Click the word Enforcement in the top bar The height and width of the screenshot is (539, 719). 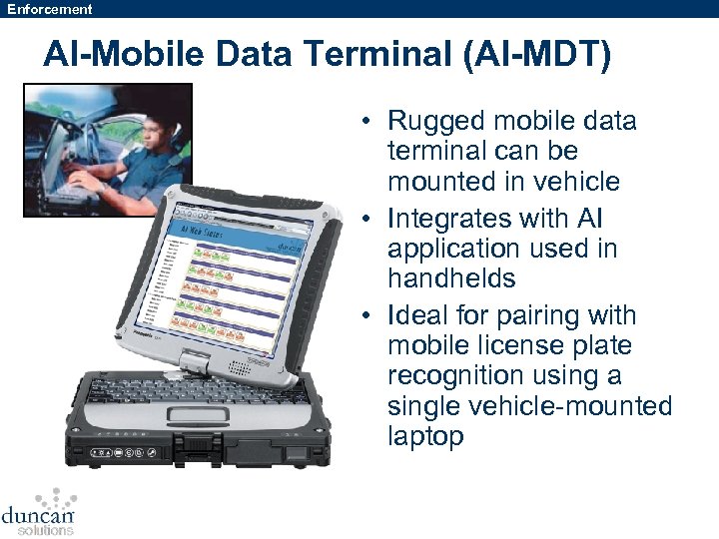(50, 9)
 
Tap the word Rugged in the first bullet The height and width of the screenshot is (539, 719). (435, 122)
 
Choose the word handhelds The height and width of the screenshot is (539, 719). (451, 278)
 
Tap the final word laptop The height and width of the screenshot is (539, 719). (425, 436)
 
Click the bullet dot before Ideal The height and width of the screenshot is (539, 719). (368, 316)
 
